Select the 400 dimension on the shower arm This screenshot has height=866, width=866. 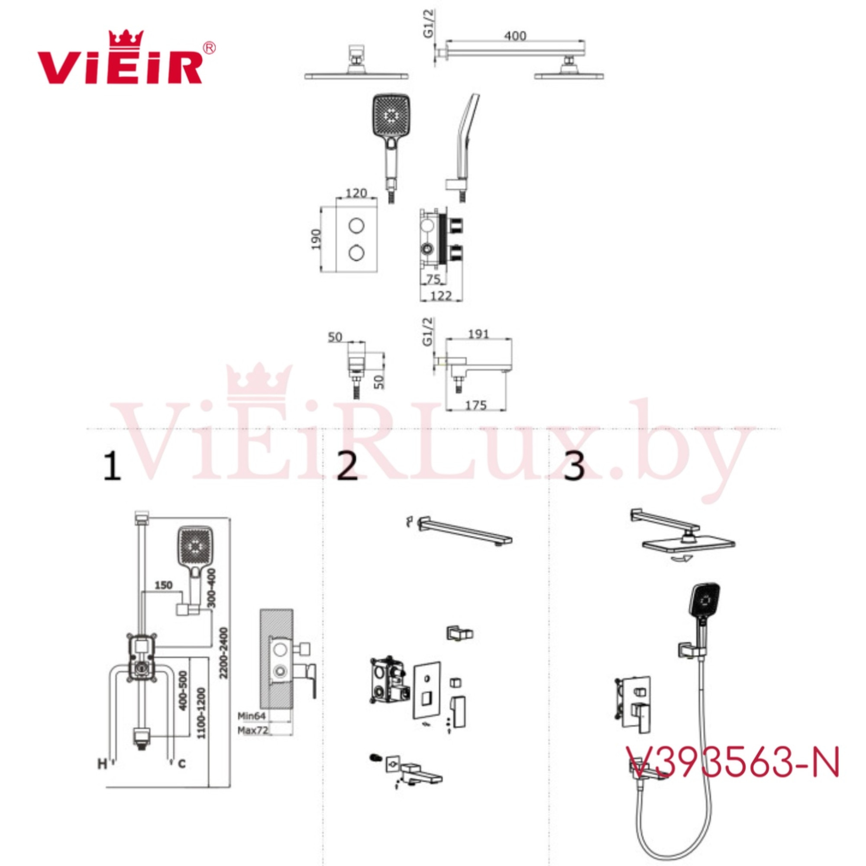515,36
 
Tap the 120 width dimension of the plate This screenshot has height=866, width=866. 356,193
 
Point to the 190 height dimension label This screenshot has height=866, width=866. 316,239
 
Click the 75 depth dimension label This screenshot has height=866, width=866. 433,279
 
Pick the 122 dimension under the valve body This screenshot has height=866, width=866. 441,296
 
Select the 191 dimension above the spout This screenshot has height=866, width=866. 478,334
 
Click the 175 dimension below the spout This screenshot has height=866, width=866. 475,405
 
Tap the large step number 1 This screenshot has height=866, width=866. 112,466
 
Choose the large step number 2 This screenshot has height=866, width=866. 347,466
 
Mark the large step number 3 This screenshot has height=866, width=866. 575,466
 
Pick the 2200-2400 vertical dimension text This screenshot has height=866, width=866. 224,659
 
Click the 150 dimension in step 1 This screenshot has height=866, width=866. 164,585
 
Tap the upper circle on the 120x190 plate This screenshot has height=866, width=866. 357,226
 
